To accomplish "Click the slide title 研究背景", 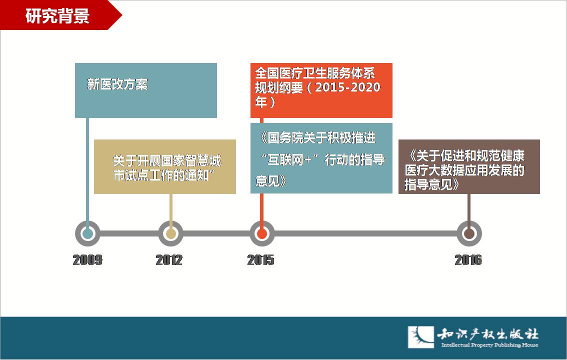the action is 57,16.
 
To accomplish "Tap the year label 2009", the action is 87,260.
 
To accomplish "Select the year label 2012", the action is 169,260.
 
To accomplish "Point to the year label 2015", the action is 260,260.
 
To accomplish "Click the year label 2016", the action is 468,260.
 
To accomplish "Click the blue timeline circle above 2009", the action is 87,233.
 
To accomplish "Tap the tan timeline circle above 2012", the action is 170,233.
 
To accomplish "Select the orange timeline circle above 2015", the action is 262,233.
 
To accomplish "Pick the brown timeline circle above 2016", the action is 469,233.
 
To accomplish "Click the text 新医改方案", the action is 117,84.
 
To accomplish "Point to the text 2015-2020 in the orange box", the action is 347,87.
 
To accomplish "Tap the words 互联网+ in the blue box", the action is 289,159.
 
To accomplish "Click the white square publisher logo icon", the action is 421,337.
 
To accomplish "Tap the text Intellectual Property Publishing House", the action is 489,345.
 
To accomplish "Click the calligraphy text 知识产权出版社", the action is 488,333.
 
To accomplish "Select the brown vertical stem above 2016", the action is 469,208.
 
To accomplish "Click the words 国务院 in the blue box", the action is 285,137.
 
